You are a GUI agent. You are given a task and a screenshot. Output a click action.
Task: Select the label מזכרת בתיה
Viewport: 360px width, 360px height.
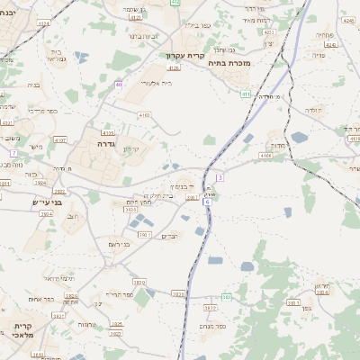click(x=229, y=63)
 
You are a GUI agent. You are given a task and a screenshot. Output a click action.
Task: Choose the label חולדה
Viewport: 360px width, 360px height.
click(x=312, y=110)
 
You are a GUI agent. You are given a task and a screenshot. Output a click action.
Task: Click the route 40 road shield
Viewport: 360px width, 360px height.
click(x=119, y=85)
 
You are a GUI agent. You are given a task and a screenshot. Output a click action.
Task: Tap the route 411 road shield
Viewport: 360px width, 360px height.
click(x=245, y=94)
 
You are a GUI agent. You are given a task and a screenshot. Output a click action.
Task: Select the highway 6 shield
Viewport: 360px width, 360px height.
click(x=207, y=202)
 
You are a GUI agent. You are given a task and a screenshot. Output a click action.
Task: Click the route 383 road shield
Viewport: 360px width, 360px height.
click(x=227, y=296)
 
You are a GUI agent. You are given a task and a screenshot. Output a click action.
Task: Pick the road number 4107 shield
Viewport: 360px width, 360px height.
click(x=60, y=140)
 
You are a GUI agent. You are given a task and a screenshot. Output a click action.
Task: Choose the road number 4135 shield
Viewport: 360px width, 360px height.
click(x=108, y=132)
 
